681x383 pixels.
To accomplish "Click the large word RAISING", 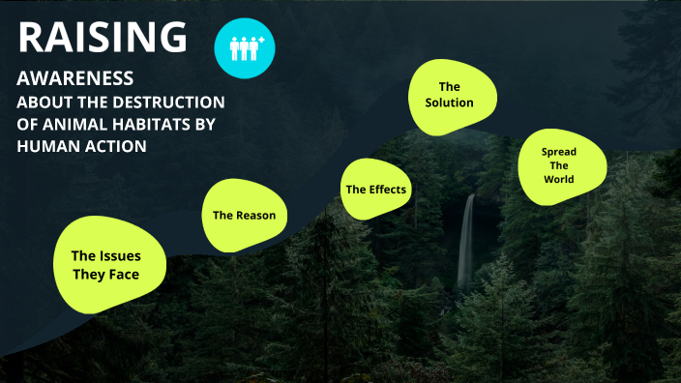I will coord(103,37).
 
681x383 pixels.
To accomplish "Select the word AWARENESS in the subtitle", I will coord(74,79).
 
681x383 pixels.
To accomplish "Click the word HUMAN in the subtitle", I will coord(44,146).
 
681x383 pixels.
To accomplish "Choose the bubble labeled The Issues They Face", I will coord(106,265).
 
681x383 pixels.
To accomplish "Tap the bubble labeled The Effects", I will coord(376,189).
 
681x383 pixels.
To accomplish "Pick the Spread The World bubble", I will coord(559,166).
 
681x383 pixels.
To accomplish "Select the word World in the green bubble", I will coord(558,180).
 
